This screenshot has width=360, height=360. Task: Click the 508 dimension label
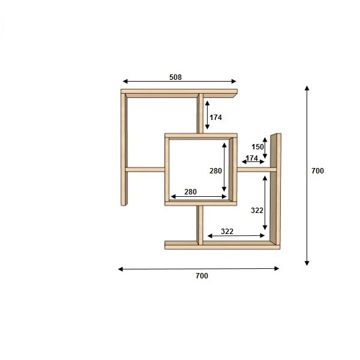tap(175, 77)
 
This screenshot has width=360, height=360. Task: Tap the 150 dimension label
tap(257, 147)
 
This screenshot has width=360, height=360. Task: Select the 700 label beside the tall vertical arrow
tap(317, 170)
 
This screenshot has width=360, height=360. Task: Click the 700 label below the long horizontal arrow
tap(202, 275)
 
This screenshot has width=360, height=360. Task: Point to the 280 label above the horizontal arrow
tap(190, 191)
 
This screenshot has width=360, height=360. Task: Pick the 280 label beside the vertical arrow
tap(215, 170)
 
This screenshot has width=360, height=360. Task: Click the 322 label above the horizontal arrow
tap(227, 231)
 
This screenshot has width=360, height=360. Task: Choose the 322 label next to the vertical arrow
tap(257, 211)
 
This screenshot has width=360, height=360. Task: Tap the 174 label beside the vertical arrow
tap(215, 118)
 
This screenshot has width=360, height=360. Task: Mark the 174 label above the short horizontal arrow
tap(252, 158)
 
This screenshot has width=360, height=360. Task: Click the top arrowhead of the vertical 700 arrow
tap(307, 88)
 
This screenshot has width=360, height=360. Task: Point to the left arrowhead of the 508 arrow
tap(125, 81)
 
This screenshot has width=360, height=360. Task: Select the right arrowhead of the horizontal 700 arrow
tap(277, 268)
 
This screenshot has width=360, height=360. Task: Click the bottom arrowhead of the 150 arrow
tap(265, 156)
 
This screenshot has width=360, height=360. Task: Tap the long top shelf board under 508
tap(179, 93)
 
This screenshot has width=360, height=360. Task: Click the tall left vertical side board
tap(124, 149)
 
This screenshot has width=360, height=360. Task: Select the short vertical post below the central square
tap(200, 225)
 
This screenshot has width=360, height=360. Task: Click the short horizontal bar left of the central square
tap(145, 170)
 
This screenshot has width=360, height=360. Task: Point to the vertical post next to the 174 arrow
tap(200, 113)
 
